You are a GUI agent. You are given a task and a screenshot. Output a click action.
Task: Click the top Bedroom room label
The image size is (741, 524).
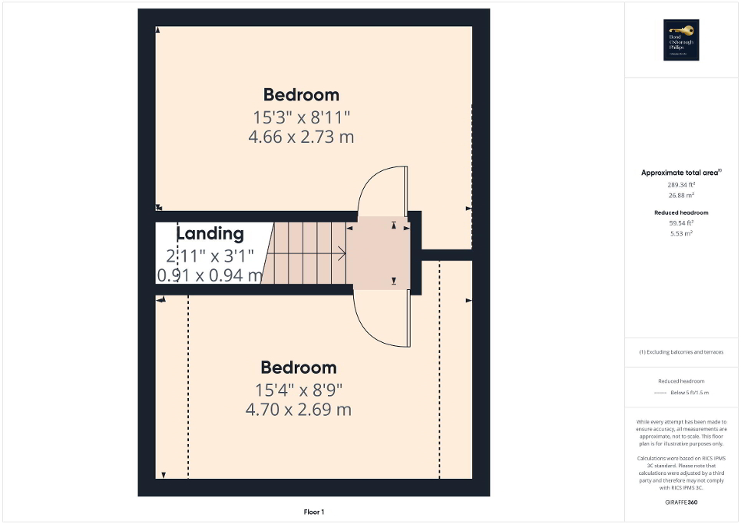pos(301,95)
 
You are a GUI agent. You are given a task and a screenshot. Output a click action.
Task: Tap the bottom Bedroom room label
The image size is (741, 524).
pos(298,367)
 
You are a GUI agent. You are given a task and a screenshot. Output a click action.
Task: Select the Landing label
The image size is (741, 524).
pos(210,234)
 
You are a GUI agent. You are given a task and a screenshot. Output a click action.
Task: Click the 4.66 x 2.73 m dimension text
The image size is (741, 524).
pos(301,137)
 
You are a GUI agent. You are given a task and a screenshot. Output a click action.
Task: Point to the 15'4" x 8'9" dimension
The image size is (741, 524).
pos(299,390)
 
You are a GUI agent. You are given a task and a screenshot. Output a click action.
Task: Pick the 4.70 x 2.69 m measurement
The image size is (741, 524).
pos(298,410)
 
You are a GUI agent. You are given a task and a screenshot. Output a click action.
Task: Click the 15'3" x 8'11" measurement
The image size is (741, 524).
pos(301,117)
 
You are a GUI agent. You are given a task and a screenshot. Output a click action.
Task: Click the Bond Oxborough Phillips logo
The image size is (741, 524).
pos(679,39)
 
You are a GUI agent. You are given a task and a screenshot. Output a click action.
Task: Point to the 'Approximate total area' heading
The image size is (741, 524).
pos(681,173)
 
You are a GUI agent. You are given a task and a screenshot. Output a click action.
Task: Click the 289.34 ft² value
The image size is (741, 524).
pos(681,185)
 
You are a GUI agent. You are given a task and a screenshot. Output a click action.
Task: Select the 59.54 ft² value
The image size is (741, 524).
pos(681,223)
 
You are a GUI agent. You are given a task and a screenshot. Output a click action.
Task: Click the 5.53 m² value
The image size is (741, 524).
pos(681,232)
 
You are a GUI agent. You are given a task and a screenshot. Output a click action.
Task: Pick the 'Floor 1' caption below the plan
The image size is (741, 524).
pos(314,512)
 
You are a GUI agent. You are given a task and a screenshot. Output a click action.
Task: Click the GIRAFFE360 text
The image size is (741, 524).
pos(681,503)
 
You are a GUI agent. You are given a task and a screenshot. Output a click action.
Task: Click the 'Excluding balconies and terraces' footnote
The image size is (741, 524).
pos(681,352)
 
